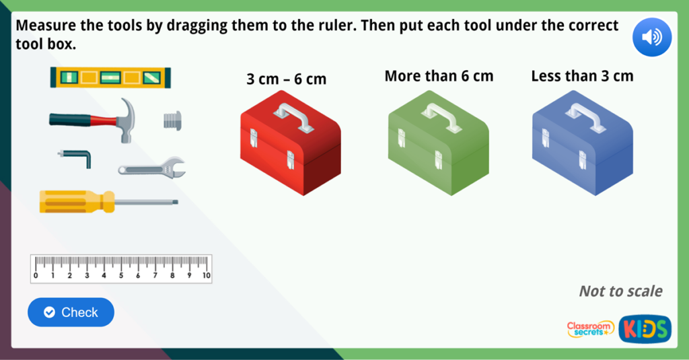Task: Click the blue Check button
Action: [71, 312]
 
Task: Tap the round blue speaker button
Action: [651, 37]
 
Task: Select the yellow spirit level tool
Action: [110, 78]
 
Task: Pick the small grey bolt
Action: [172, 120]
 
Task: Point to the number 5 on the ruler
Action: [121, 276]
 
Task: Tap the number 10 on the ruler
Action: [206, 276]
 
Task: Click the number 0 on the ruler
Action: [36, 276]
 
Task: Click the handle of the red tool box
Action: [293, 116]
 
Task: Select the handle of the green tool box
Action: [441, 116]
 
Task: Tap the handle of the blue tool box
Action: [585, 116]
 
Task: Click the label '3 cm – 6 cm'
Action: [287, 79]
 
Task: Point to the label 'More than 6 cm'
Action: [439, 76]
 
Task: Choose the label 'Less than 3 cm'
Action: [582, 76]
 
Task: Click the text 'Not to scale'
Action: [620, 291]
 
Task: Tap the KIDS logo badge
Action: [645, 329]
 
